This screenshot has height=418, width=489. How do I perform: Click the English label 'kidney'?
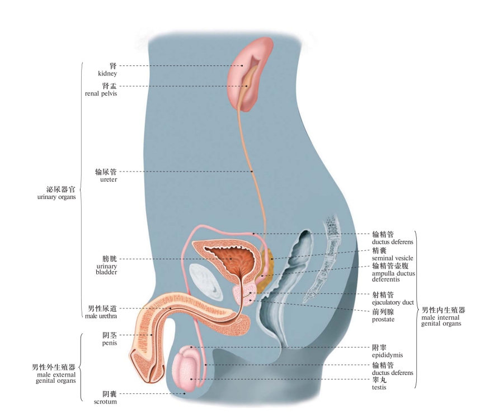click(x=107, y=73)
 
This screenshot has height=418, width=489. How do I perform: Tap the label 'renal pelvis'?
click(x=105, y=93)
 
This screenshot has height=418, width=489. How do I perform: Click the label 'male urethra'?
click(x=102, y=316)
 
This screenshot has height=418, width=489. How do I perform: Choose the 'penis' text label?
click(x=109, y=343)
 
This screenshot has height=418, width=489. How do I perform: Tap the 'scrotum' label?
click(x=106, y=401)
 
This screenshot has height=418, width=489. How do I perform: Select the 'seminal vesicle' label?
click(x=392, y=258)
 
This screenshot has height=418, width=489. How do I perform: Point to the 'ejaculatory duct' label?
click(x=393, y=302)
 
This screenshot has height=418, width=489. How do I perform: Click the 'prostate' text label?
click(x=383, y=319)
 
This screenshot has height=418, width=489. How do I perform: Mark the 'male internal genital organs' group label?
click(x=443, y=316)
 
